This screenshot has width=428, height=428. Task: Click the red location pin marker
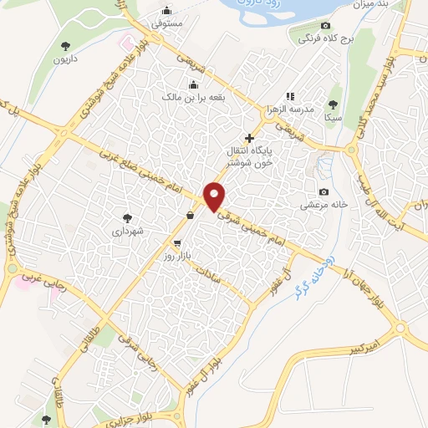[x=215, y=196]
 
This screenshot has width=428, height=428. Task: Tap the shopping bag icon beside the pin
[x=191, y=215]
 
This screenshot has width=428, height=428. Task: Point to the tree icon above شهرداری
[x=128, y=216]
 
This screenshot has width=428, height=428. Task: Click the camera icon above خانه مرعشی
[x=324, y=192]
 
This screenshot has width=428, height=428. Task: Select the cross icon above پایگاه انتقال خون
[x=248, y=137]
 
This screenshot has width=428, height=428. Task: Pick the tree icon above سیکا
[x=334, y=104]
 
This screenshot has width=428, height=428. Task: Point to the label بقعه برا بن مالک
[x=194, y=97]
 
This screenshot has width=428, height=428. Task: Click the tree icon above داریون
[x=67, y=45]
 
